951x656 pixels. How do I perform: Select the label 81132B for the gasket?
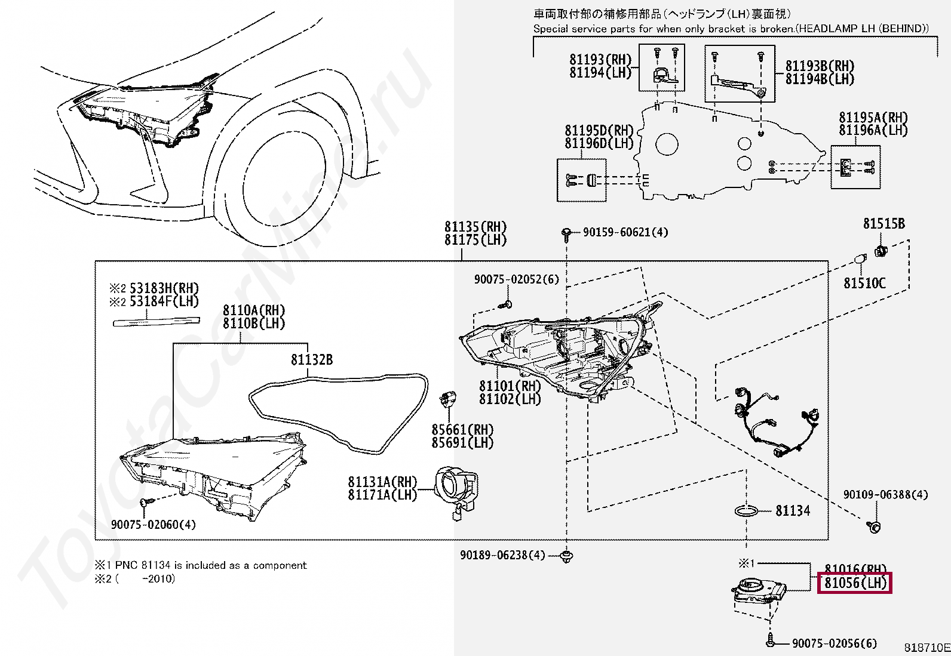click(x=311, y=360)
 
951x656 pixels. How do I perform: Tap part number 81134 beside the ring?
click(x=793, y=510)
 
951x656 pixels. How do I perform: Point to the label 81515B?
click(x=883, y=224)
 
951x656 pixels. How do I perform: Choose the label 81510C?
click(x=864, y=283)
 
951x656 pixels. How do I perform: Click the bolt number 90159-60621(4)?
click(x=625, y=232)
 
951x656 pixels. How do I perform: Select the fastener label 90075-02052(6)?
click(x=516, y=279)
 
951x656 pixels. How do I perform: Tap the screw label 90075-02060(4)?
click(x=153, y=525)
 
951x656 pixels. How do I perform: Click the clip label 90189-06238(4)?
click(x=502, y=555)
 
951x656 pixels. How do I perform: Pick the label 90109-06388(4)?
click(x=885, y=494)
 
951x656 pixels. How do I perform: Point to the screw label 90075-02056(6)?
click(x=834, y=643)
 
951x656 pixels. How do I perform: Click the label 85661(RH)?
click(x=462, y=430)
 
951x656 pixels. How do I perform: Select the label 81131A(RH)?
click(x=382, y=482)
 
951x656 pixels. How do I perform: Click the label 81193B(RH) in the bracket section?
click(x=820, y=66)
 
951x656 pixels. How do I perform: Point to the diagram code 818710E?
click(x=927, y=648)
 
